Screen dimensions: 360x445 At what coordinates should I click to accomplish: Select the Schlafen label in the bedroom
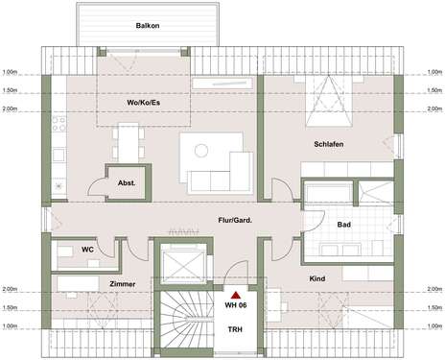329,144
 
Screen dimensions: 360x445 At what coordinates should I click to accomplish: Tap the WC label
87,251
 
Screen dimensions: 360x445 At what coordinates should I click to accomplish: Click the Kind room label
318,278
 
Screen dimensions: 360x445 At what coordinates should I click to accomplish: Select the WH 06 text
235,305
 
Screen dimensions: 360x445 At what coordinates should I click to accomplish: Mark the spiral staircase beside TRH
181,324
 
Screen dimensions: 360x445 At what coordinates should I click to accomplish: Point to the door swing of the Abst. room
101,185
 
